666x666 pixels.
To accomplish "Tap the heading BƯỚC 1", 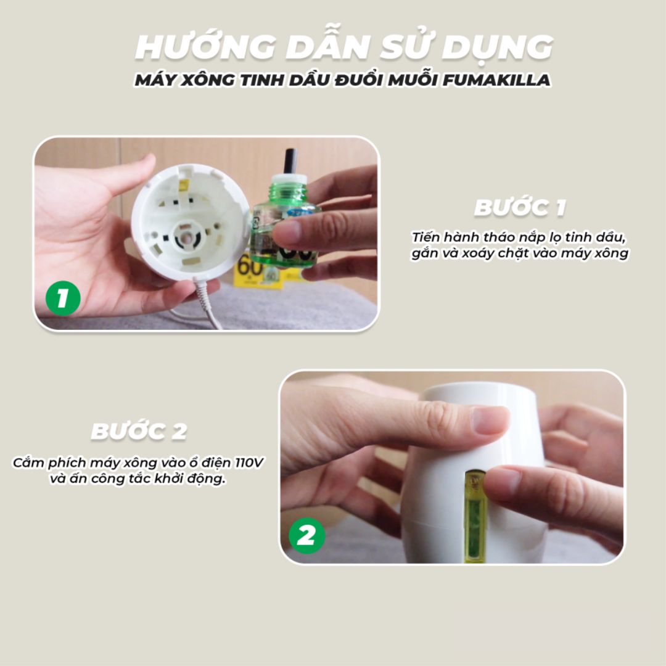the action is point(520,208).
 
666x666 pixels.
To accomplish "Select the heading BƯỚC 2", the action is point(139,431).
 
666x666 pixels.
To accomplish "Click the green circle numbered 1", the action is point(63,298).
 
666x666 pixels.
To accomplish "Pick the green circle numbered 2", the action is point(306,536).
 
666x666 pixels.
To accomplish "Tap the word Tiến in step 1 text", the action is point(425,237).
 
